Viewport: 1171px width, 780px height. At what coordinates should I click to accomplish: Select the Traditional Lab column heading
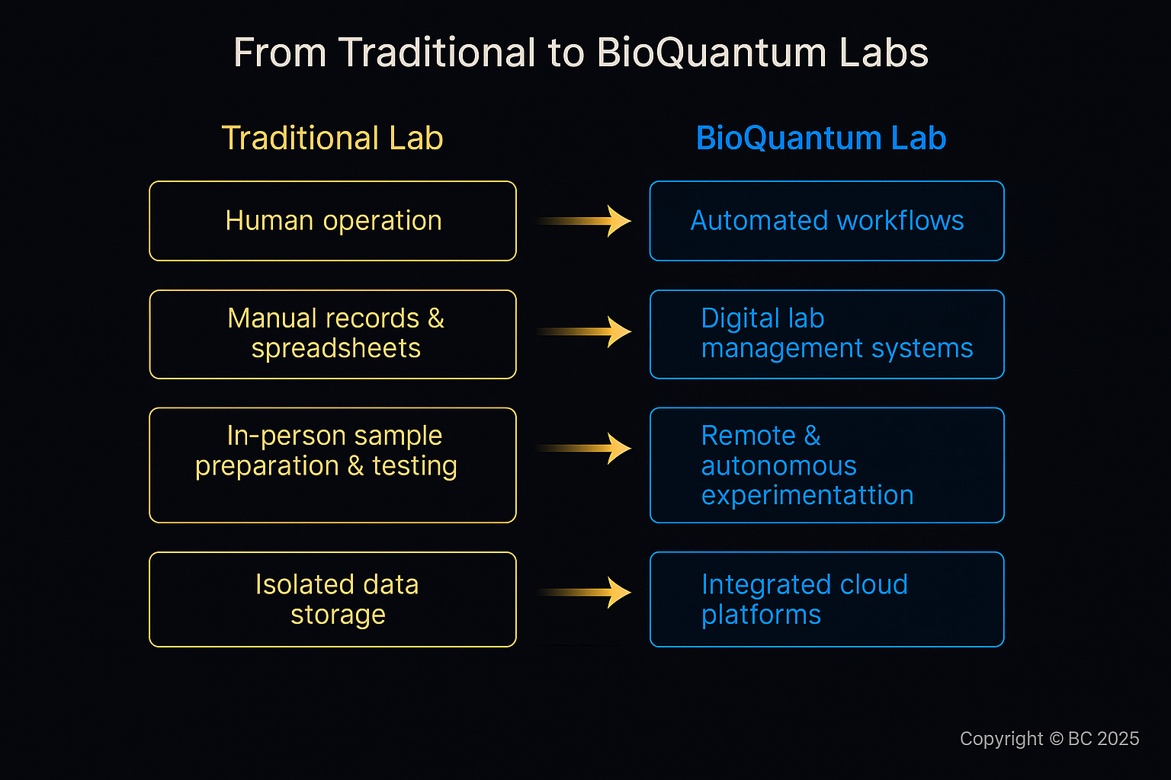[332, 139]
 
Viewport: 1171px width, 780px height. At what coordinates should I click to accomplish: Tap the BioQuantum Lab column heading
[821, 139]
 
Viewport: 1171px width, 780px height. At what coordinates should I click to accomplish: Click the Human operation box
[332, 221]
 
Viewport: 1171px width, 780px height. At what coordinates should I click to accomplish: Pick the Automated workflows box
[826, 221]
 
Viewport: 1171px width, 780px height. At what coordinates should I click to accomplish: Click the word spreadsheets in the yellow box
[336, 348]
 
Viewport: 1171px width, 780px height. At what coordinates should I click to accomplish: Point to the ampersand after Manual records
[436, 318]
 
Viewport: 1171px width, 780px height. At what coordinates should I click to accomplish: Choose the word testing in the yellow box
[415, 465]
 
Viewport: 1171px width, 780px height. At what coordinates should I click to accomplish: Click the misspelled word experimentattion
[807, 495]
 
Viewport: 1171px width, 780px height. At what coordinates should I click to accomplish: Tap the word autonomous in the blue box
[778, 465]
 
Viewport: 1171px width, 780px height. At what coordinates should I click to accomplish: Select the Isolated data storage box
[332, 599]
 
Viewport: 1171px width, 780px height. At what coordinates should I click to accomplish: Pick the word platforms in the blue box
[761, 615]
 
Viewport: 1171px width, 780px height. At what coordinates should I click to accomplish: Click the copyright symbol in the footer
[1056, 739]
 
